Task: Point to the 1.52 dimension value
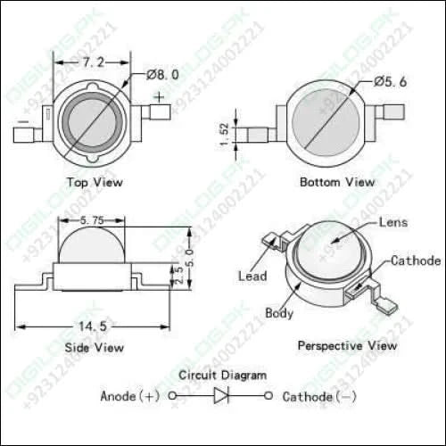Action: point(225,135)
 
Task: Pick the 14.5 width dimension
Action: point(92,327)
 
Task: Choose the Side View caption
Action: point(95,347)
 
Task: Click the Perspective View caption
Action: point(347,344)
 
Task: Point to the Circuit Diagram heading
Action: point(222,376)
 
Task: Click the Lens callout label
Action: point(392,221)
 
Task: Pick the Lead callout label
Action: point(252,277)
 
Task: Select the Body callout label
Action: point(279,313)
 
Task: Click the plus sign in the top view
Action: point(159,96)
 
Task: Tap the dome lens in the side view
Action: point(92,245)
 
